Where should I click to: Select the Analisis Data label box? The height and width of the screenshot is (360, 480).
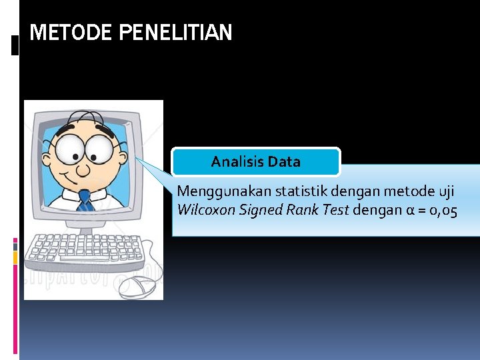coord(256,161)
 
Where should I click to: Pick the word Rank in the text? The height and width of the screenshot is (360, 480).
coord(300,211)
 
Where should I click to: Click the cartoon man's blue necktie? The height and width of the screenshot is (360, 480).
coord(85,201)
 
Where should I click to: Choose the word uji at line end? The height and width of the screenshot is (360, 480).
coord(446,191)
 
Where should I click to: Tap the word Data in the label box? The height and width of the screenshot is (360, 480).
coord(285,161)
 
